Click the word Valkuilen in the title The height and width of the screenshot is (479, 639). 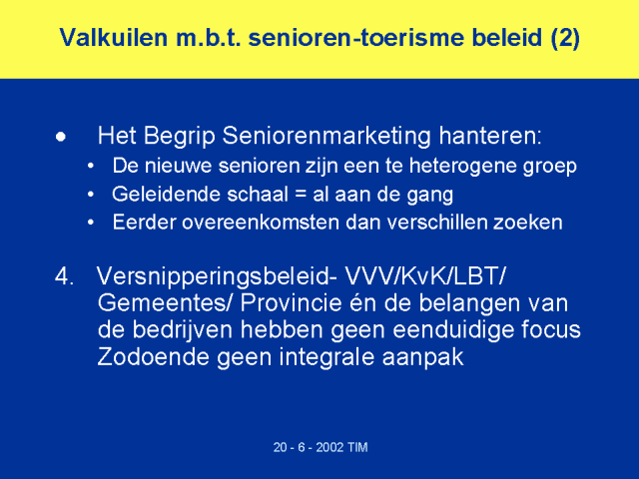[114, 38]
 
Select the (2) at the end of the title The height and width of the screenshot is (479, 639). [565, 38]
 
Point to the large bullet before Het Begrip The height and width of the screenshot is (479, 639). [61, 137]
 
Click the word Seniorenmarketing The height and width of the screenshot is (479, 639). [326, 136]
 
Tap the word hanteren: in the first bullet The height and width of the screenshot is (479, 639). [490, 136]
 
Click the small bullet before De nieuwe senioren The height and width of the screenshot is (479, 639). [91, 167]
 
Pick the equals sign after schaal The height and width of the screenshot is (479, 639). [301, 195]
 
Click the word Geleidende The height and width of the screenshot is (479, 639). [167, 195]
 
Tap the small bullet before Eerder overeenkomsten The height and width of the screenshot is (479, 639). [91, 223]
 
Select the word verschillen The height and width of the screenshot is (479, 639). [436, 223]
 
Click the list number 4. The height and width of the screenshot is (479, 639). [64, 276]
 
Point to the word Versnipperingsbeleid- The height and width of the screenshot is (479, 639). [217, 277]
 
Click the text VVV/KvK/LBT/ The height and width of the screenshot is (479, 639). [425, 276]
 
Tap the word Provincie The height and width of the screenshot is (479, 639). [291, 303]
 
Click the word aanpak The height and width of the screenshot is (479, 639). [423, 358]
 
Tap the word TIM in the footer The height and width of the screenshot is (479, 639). [357, 448]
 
